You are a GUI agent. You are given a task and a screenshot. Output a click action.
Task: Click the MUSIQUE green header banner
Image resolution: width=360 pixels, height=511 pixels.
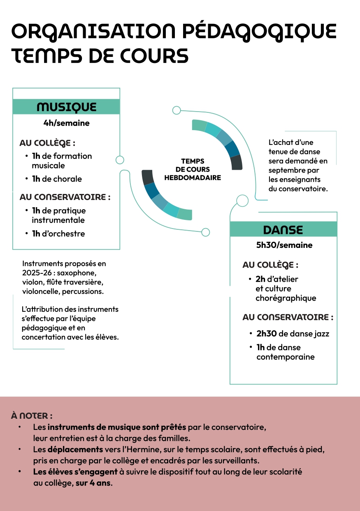pos(66,107)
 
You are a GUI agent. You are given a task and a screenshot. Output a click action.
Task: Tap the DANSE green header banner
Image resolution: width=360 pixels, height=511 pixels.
pos(283,229)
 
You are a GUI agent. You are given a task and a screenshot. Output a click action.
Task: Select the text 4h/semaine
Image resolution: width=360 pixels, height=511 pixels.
pos(66,123)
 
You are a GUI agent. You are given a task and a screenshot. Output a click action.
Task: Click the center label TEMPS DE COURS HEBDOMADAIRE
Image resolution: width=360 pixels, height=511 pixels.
pos(193,169)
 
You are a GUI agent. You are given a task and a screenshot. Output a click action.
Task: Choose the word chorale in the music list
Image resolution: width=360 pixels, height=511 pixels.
pos(68,179)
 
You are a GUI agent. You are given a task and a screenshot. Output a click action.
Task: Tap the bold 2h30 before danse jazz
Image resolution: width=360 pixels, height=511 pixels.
pos(267,334)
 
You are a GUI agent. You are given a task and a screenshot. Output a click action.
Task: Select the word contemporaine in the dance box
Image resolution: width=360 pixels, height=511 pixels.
pos(286,357)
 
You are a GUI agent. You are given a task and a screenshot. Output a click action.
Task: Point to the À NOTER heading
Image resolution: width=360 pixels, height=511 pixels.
pos(32,415)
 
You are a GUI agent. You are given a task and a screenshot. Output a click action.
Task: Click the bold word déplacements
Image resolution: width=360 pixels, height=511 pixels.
pos(75,449)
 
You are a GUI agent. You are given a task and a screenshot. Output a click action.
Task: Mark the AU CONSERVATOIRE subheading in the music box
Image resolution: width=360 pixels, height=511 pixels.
pos(65,197)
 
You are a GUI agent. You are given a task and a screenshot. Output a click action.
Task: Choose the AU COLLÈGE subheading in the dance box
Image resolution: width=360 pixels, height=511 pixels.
pos(270,265)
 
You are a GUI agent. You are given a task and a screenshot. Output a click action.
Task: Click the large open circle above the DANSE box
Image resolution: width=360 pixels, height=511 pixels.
pos(242,201)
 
